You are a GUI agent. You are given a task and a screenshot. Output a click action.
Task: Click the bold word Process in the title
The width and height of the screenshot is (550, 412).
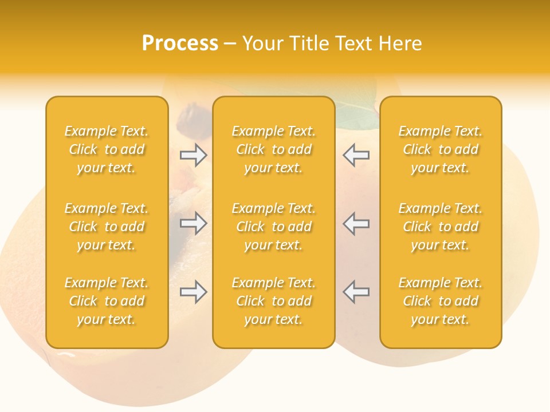(180, 43)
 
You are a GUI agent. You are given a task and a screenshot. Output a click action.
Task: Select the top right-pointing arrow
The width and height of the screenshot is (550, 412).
(194, 155)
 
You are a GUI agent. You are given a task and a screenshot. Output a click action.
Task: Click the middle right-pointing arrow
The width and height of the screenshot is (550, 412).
(194, 223)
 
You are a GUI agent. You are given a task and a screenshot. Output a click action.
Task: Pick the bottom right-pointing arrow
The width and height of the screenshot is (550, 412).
(194, 292)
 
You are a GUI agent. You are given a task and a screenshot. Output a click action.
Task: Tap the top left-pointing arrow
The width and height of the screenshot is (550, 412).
(356, 155)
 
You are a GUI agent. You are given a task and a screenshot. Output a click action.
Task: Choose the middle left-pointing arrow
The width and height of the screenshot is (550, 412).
(356, 223)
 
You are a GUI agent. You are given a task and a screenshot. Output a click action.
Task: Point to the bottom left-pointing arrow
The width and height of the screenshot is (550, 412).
(356, 292)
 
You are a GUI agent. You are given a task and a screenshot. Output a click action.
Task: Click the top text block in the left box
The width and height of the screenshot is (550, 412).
(107, 149)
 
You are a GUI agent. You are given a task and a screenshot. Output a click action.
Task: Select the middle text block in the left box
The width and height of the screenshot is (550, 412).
(107, 227)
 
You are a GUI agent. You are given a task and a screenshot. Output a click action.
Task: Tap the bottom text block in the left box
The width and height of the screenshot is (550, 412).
(107, 301)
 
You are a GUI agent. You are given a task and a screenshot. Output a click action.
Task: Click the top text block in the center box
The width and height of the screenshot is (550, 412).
(273, 149)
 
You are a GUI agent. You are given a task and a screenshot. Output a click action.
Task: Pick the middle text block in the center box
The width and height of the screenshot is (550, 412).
(273, 227)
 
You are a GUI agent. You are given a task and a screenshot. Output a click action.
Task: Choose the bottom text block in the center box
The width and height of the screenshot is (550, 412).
(273, 301)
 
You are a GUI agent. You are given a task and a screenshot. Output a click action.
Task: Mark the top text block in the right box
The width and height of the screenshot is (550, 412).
(440, 149)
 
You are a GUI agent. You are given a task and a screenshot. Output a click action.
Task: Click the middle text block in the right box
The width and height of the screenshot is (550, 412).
(440, 227)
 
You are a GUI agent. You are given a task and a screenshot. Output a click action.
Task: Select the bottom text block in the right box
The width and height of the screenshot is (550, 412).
(440, 301)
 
